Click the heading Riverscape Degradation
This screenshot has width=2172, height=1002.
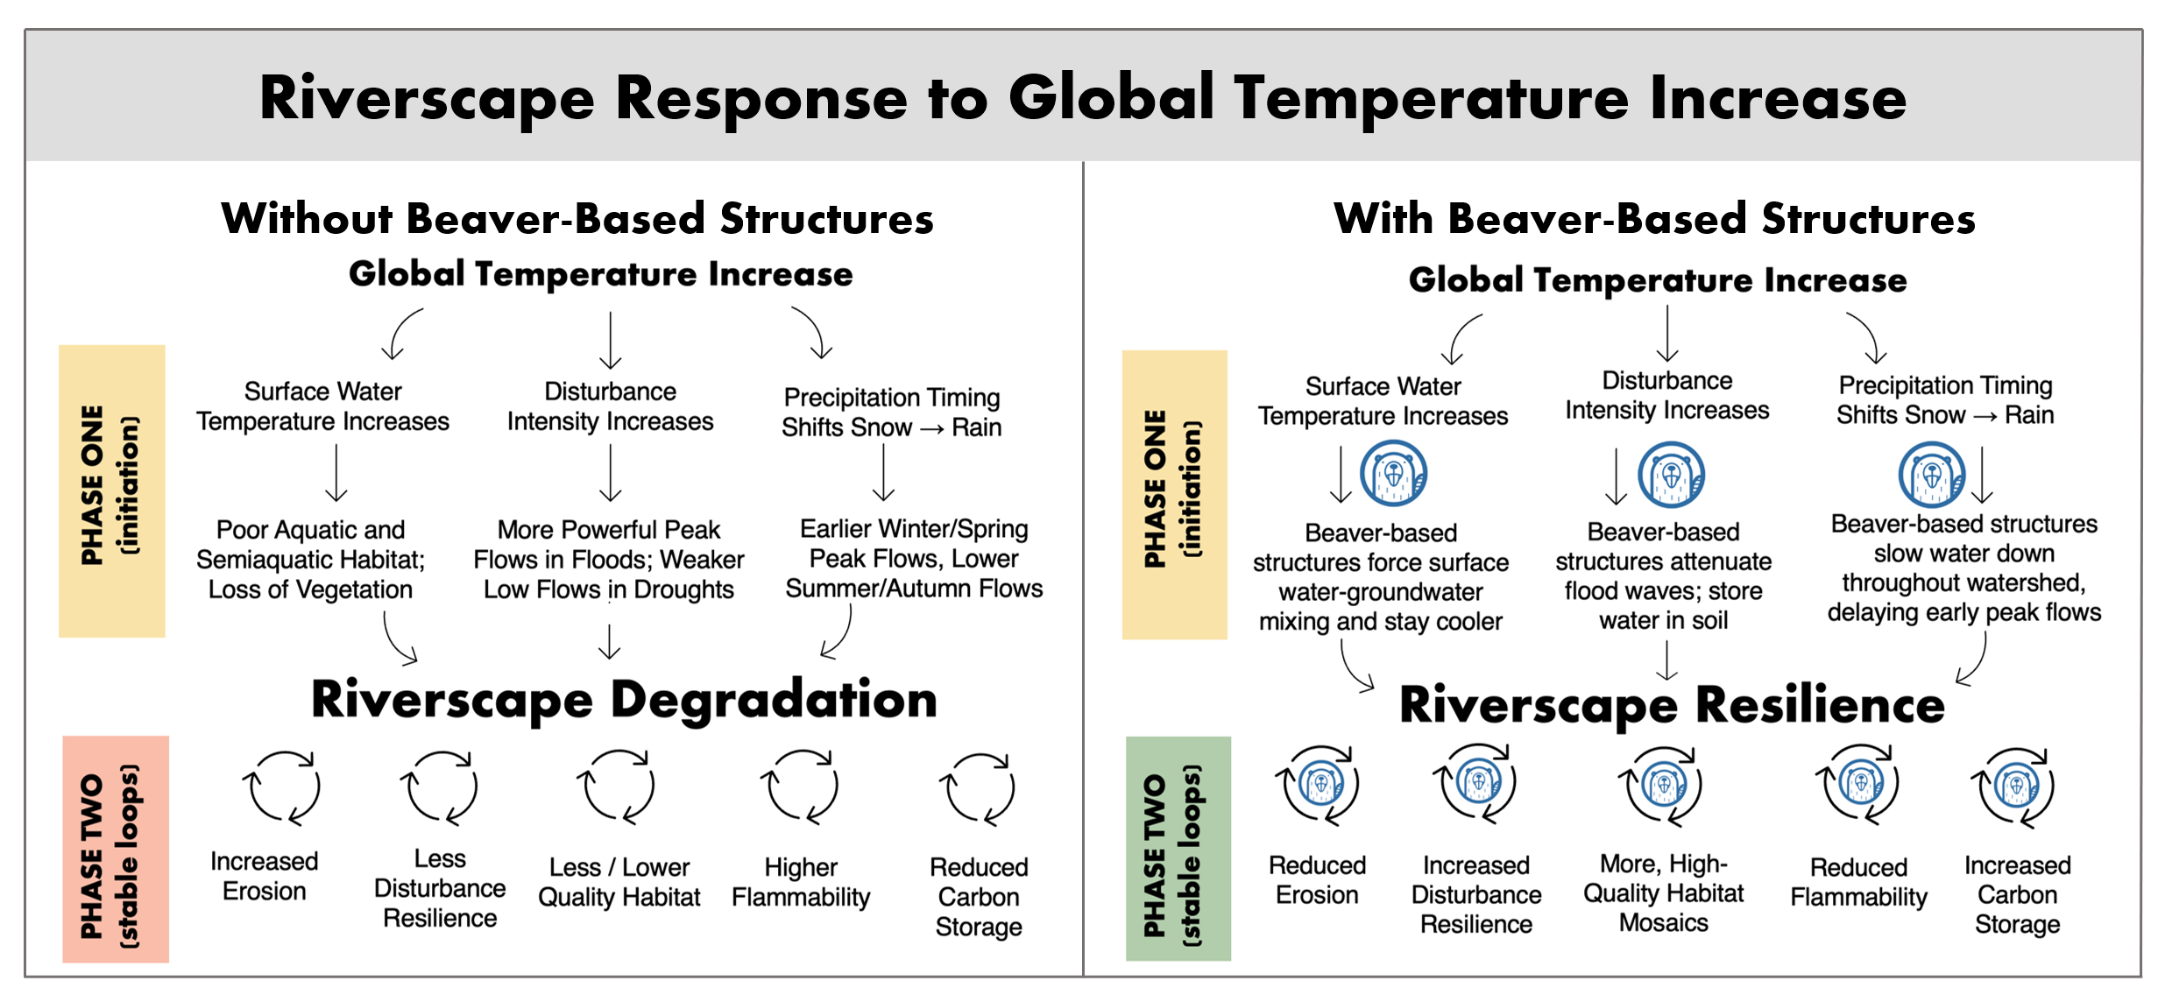(624, 701)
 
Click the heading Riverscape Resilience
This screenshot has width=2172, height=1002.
(1671, 705)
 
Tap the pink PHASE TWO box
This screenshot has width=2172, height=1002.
(115, 849)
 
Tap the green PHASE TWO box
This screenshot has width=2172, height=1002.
(1177, 849)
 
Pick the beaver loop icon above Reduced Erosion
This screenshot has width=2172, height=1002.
(1319, 785)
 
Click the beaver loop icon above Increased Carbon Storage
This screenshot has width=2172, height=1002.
(2016, 787)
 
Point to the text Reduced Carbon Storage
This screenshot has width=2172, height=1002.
(979, 896)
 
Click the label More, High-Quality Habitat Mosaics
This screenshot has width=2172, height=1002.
(1663, 893)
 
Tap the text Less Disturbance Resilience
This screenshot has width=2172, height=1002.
(440, 888)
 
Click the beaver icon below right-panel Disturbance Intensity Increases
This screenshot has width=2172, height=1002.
(1671, 476)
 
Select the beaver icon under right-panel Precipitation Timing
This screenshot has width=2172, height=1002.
(1930, 476)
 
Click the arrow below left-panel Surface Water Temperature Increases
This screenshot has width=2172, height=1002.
(336, 474)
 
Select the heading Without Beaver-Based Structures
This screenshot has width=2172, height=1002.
(577, 218)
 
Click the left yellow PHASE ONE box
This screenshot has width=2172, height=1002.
(112, 490)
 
